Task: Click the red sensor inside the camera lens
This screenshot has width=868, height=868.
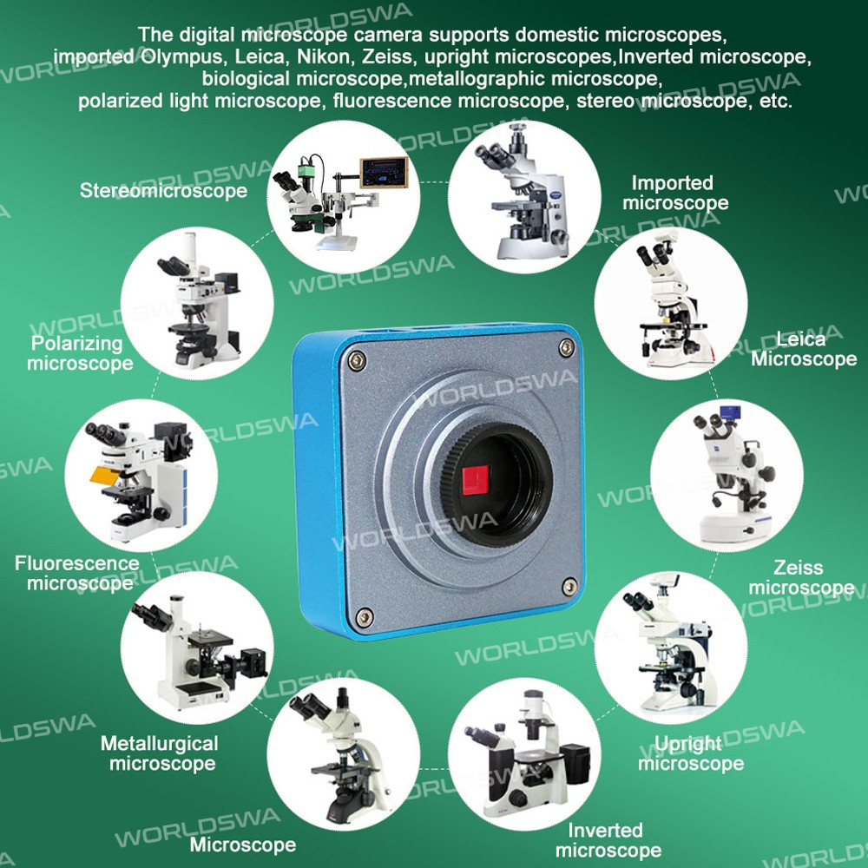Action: [476, 480]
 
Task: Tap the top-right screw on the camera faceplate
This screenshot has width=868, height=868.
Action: [567, 348]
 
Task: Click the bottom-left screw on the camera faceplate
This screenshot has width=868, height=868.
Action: [364, 616]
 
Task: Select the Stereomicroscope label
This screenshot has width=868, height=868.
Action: [163, 190]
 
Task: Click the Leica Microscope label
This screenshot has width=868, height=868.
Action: [804, 349]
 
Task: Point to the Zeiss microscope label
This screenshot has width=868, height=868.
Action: [801, 577]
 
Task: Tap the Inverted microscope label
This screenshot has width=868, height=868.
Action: [608, 839]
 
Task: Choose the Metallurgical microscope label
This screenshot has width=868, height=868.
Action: [160, 753]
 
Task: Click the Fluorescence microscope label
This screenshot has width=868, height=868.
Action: [77, 573]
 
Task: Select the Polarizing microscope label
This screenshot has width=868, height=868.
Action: [80, 353]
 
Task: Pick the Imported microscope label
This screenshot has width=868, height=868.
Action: [675, 193]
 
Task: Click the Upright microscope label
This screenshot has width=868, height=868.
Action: [691, 753]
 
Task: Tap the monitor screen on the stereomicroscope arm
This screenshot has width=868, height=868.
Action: [384, 173]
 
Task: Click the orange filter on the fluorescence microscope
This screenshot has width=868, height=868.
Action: [105, 476]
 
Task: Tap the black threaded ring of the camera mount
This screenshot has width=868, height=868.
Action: [496, 485]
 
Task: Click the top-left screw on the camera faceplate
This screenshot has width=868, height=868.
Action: [357, 361]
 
